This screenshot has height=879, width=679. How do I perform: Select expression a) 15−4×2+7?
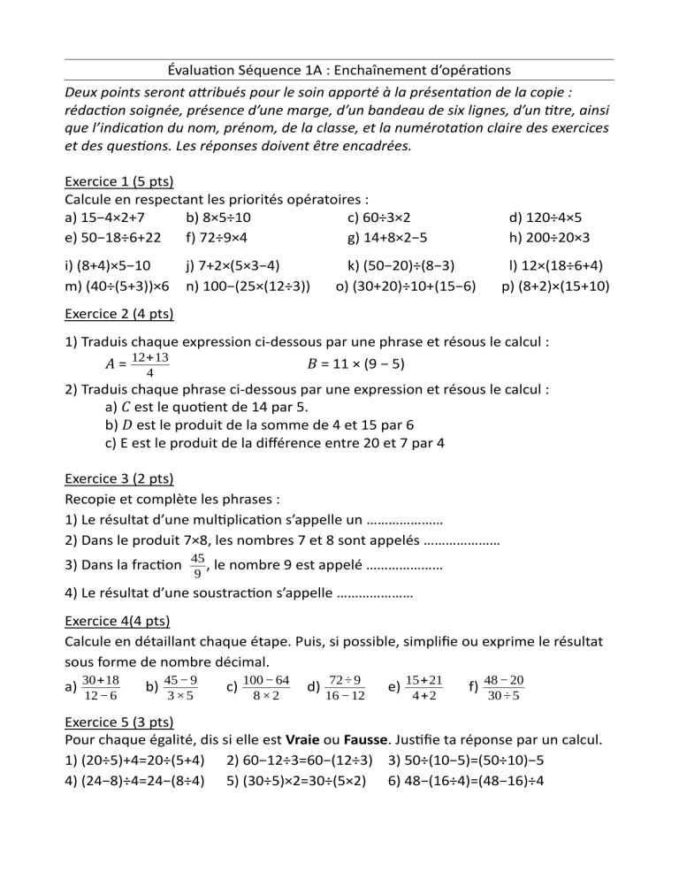coord(105,218)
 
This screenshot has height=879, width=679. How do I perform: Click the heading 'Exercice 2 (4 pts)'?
coord(119,314)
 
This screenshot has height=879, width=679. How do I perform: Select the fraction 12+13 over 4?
coord(149,363)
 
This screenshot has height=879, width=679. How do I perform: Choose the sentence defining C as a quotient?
coord(220,407)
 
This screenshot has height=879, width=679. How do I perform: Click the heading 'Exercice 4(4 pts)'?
coord(118,621)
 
